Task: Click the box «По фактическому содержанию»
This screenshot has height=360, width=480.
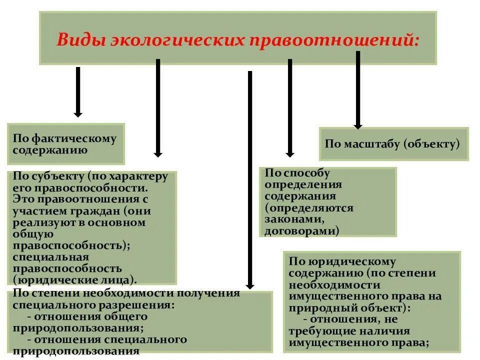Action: click(x=65, y=144)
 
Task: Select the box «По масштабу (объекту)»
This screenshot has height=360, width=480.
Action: click(x=394, y=144)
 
